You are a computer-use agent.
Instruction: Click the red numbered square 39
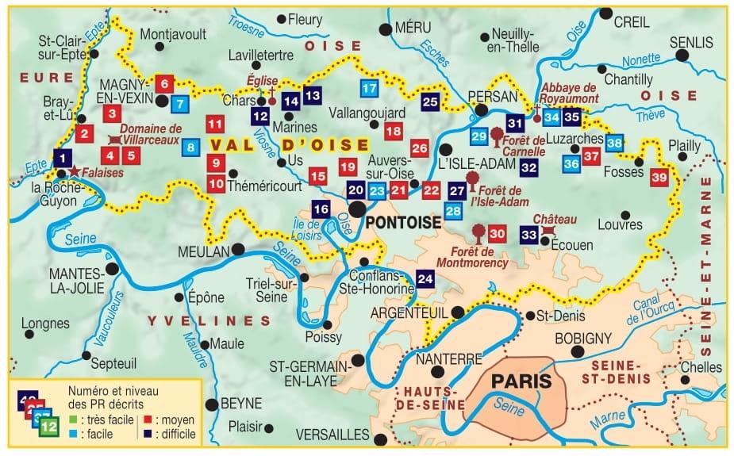[x=659, y=178]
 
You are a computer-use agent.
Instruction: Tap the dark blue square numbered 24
[x=425, y=278]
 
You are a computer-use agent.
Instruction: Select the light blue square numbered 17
[x=369, y=89]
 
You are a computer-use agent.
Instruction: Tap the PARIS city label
[x=521, y=381]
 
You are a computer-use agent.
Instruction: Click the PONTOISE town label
[x=404, y=224]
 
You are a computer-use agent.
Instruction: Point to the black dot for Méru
[x=386, y=29]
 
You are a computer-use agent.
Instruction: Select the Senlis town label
[x=691, y=42]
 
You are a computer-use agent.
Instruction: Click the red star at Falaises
[x=74, y=171]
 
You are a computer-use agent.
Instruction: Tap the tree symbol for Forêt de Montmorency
[x=478, y=232]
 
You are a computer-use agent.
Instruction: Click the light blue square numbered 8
[x=190, y=147]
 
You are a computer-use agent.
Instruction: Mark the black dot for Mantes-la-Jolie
[x=112, y=270]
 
